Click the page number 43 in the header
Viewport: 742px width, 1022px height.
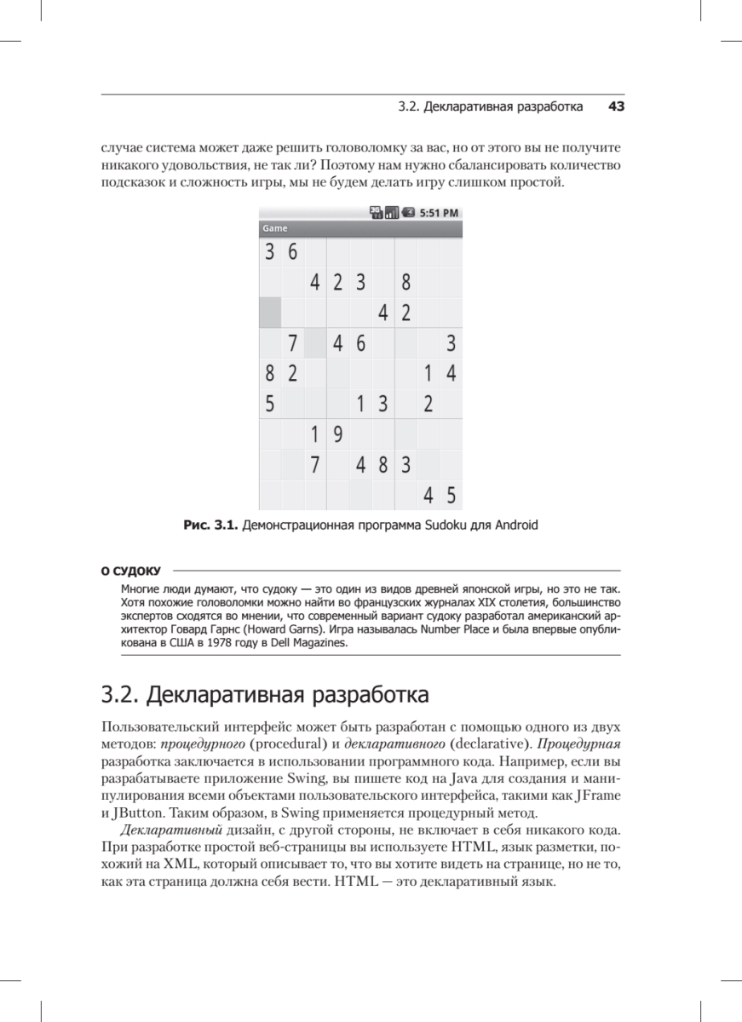[616, 107]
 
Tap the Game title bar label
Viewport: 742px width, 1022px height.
[275, 229]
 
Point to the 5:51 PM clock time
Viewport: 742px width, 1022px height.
[440, 213]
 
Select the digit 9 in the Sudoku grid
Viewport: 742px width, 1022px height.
[337, 435]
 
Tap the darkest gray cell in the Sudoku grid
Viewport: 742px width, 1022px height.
[270, 313]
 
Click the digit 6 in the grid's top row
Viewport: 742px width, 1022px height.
[292, 252]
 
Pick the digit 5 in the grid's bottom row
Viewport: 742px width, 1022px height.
[451, 496]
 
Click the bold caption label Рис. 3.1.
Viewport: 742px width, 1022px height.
[210, 525]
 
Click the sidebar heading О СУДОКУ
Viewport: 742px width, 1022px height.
[131, 571]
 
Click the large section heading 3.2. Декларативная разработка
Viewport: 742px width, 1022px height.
[264, 695]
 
